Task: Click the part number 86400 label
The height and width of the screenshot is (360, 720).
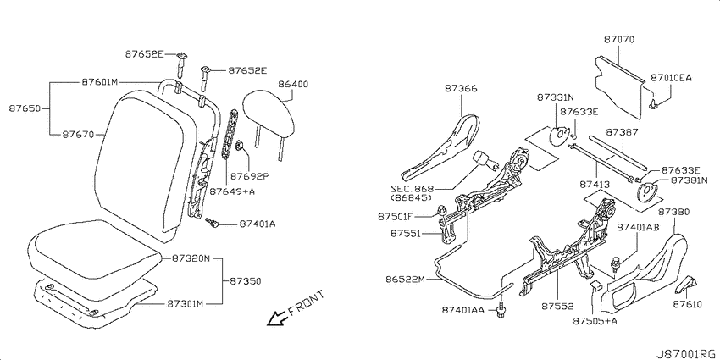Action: [293, 85]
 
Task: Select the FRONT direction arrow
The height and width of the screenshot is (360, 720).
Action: [277, 318]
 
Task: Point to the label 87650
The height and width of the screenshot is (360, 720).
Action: [25, 108]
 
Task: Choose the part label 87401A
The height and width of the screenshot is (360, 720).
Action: [258, 224]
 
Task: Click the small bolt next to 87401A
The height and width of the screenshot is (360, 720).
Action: [213, 223]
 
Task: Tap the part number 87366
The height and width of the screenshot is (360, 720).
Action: [461, 89]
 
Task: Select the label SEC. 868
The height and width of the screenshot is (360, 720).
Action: [411, 189]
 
